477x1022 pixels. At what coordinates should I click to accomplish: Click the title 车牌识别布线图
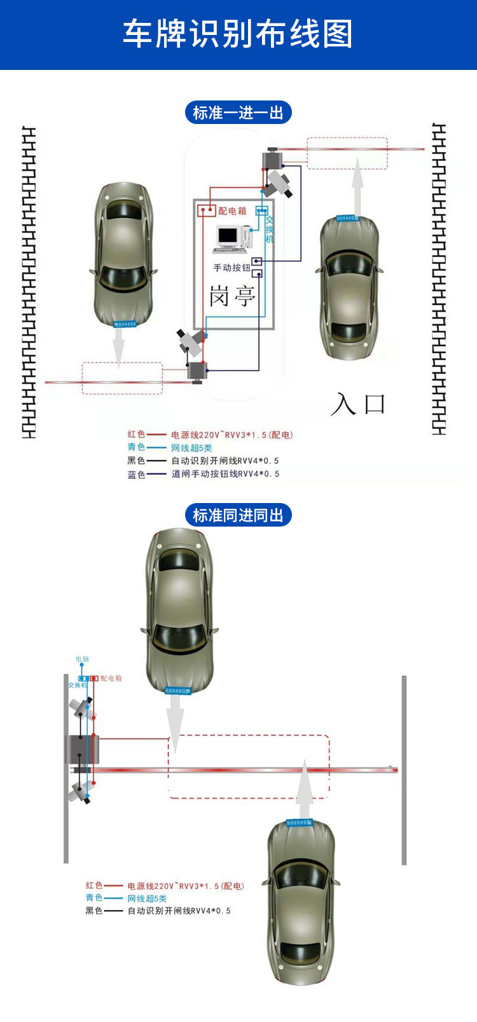[x=238, y=34]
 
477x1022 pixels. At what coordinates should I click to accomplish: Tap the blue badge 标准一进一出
[x=238, y=113]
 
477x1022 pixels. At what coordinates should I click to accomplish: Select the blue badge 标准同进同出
[x=238, y=515]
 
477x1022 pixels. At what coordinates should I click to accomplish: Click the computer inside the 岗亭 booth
[x=230, y=238]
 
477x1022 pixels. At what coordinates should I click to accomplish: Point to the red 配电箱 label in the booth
[x=232, y=211]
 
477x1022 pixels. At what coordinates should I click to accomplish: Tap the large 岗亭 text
[x=233, y=296]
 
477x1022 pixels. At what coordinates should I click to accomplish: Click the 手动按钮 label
[x=232, y=268]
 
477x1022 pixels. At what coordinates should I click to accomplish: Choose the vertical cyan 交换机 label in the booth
[x=270, y=230]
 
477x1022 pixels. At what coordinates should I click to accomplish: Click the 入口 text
[x=358, y=404]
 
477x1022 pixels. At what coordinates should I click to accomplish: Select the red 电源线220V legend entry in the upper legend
[x=232, y=435]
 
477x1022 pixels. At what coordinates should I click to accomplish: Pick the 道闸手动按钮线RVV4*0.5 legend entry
[x=225, y=474]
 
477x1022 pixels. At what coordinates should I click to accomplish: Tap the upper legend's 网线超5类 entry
[x=191, y=448]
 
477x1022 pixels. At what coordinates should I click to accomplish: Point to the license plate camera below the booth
[x=191, y=340]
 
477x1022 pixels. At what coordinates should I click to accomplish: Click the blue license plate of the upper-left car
[x=125, y=324]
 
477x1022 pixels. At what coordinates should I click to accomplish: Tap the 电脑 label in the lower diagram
[x=82, y=659]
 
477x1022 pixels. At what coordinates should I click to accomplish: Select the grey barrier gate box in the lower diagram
[x=81, y=750]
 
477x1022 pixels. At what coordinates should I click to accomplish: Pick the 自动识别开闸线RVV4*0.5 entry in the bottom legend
[x=179, y=911]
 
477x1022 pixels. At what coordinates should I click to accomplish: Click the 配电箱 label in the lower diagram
[x=111, y=679]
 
